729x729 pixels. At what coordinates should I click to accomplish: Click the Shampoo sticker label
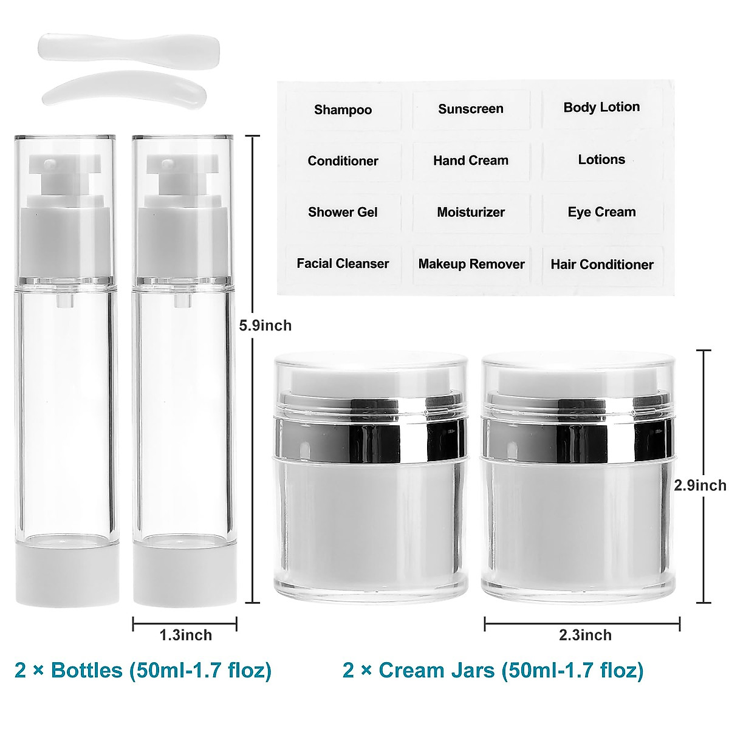(x=343, y=110)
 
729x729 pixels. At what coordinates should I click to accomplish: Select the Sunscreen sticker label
(x=471, y=109)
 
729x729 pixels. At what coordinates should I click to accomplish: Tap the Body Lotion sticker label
(x=601, y=108)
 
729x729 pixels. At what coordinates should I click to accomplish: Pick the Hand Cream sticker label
(x=471, y=161)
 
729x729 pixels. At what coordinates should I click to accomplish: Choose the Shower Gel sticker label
(x=343, y=213)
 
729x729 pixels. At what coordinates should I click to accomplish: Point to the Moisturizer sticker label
(x=471, y=213)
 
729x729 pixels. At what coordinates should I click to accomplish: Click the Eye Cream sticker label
(x=601, y=213)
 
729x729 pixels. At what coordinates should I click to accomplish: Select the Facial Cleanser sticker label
(x=343, y=264)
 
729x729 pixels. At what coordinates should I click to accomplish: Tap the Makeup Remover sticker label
(x=471, y=264)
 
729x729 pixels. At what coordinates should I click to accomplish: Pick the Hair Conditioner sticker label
(x=602, y=265)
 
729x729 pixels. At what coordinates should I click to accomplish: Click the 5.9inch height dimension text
(x=265, y=326)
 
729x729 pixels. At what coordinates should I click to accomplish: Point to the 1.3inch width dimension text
(x=185, y=635)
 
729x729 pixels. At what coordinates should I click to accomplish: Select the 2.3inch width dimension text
(x=585, y=635)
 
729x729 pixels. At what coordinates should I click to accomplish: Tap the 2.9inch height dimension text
(x=700, y=485)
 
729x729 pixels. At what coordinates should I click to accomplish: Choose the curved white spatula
(x=125, y=89)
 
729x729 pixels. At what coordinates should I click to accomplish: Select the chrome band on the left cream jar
(x=371, y=435)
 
